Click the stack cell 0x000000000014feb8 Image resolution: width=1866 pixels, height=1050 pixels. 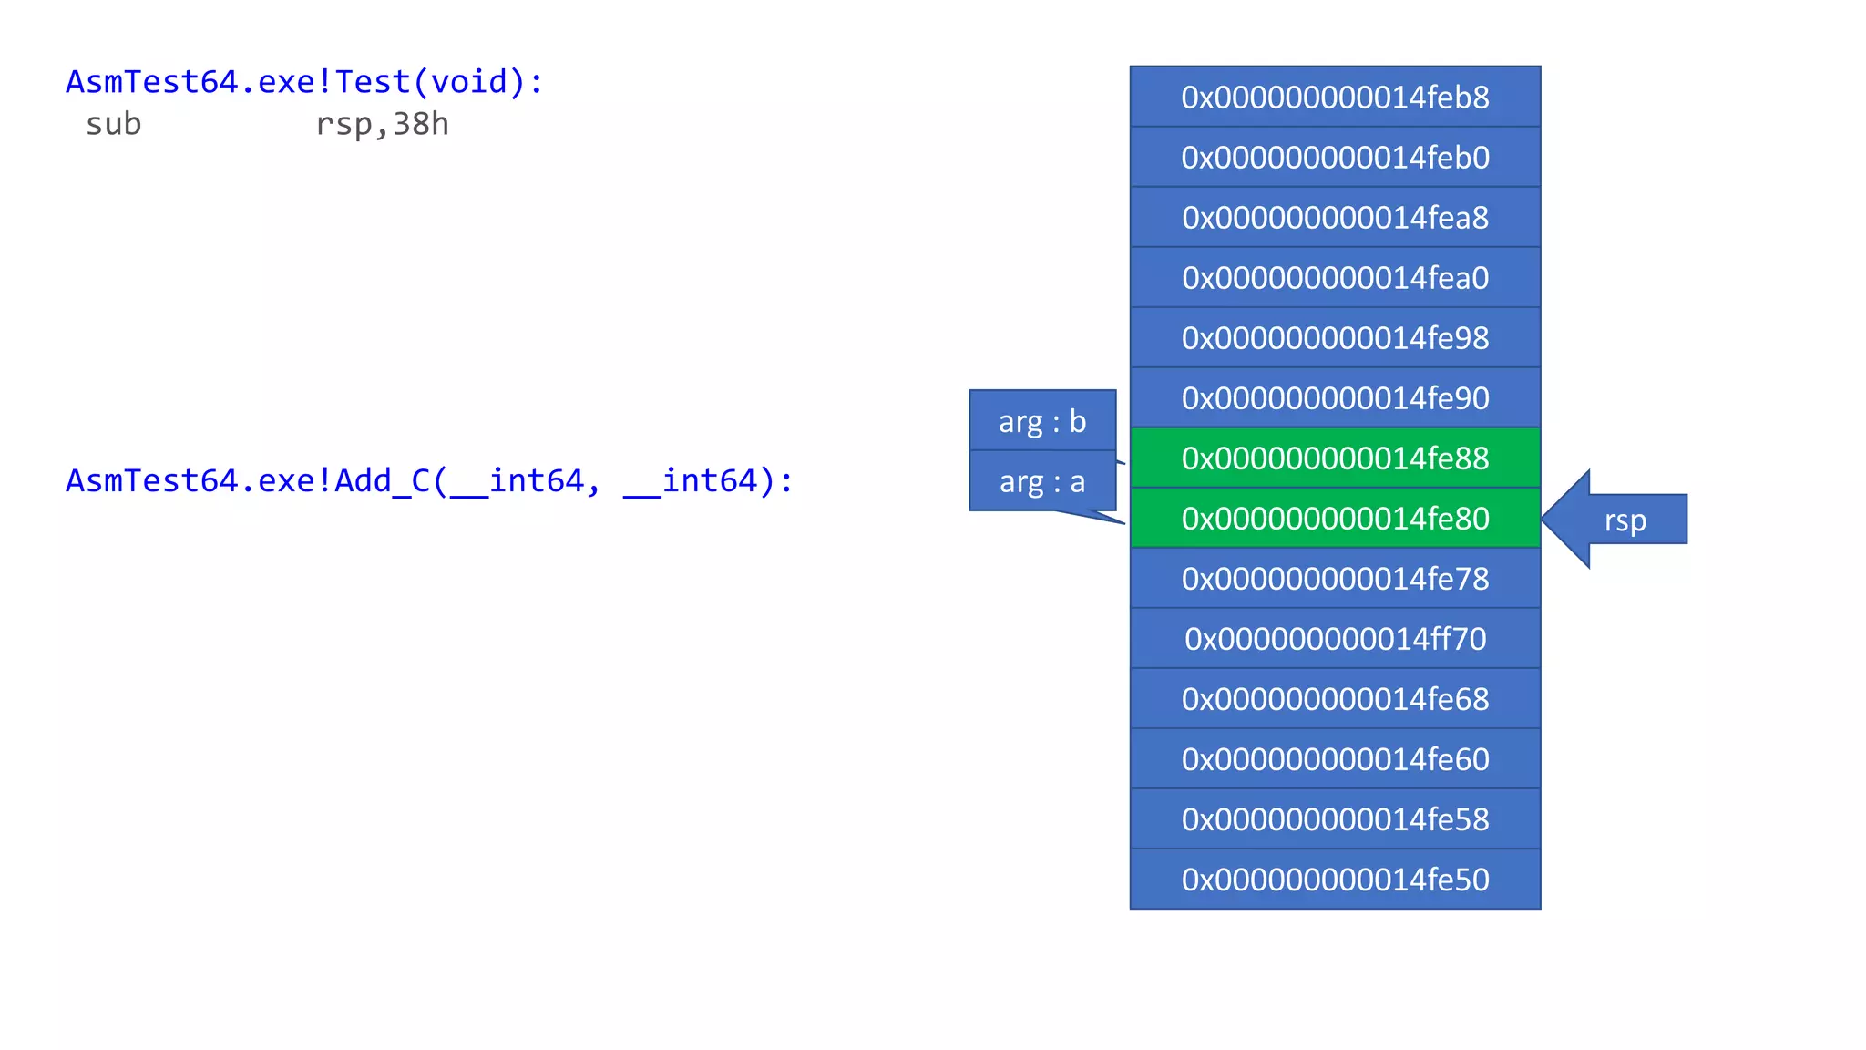[x=1335, y=97]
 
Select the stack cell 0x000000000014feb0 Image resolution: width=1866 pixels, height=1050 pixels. [x=1335, y=157]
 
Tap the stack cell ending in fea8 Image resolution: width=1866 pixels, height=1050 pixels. [x=1335, y=217]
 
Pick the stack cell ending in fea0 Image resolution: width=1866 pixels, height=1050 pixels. [x=1335, y=277]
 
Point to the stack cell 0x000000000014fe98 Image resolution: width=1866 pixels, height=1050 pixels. [x=1335, y=337]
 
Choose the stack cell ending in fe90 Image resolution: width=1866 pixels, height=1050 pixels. [x=1335, y=397]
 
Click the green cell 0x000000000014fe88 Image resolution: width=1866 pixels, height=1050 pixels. [x=1335, y=458]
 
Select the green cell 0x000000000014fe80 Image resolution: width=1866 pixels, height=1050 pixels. [x=1335, y=518]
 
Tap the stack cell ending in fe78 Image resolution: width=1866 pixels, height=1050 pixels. [x=1335, y=578]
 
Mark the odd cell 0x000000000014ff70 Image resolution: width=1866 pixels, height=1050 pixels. [x=1335, y=638]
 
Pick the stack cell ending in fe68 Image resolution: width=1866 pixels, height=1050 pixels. [x=1335, y=698]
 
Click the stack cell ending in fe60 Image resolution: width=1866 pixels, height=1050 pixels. [x=1335, y=758]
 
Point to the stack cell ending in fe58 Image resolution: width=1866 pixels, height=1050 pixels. [x=1335, y=818]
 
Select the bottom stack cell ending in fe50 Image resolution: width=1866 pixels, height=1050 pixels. [x=1335, y=879]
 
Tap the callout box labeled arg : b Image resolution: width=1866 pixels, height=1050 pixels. [x=1042, y=421]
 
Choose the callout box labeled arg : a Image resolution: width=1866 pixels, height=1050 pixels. [x=1042, y=481]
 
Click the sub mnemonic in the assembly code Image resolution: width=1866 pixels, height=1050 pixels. [x=114, y=124]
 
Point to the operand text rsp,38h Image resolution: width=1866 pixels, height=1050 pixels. [x=382, y=124]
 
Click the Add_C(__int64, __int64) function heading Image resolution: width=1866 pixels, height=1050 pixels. [x=429, y=480]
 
